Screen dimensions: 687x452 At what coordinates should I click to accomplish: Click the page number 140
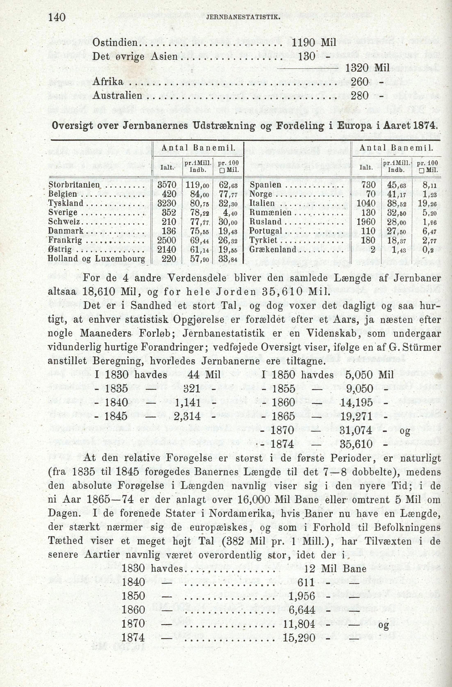pos(57,18)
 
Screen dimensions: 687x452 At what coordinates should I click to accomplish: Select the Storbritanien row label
pos(74,185)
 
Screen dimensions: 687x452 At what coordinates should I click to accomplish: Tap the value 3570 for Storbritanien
pos(166,185)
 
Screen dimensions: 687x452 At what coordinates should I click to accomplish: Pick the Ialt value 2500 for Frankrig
pos(166,240)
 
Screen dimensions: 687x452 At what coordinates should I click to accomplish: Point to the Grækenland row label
pos(273,249)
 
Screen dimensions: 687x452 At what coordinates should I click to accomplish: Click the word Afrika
pos(108,82)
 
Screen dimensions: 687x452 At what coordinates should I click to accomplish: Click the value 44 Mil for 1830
pos(204,375)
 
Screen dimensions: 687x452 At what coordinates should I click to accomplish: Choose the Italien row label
pos(262,203)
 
